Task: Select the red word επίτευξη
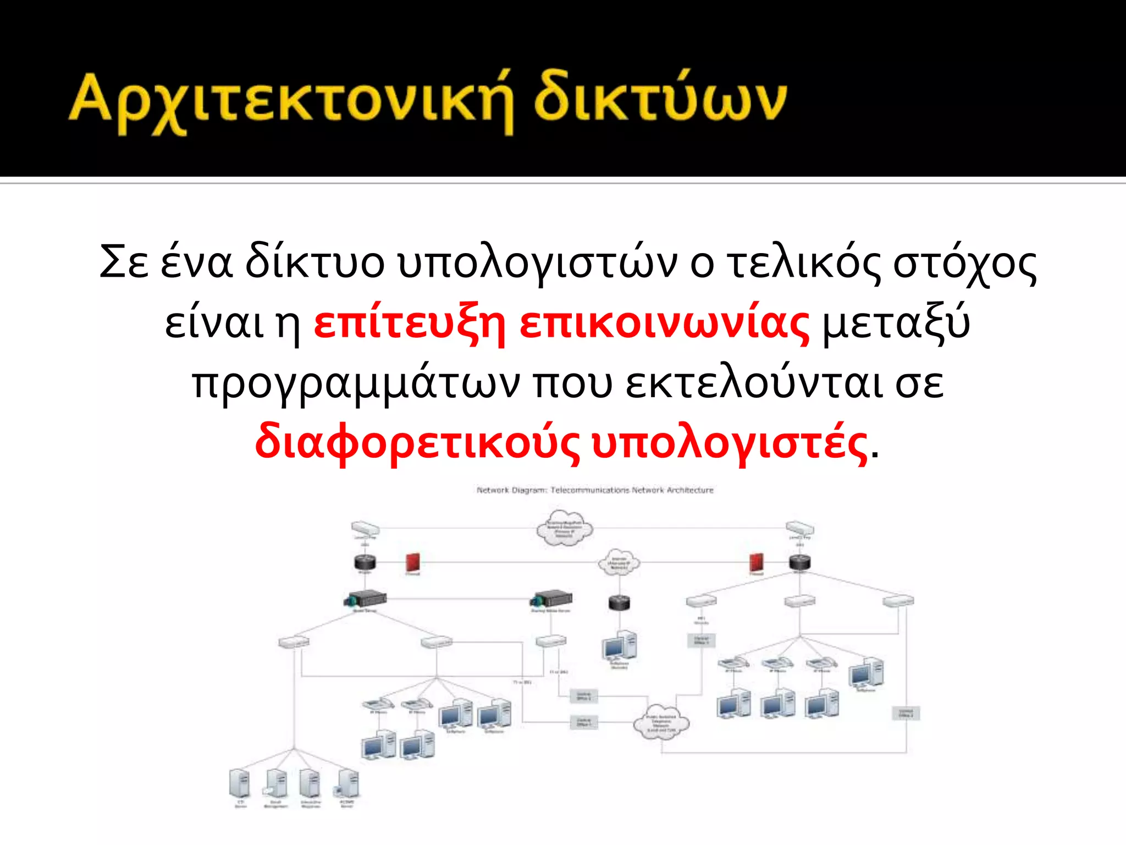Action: (x=409, y=323)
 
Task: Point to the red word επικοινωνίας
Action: (x=664, y=323)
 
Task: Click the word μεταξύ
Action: (x=896, y=323)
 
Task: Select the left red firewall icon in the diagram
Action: (x=412, y=562)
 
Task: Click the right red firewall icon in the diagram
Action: (x=757, y=562)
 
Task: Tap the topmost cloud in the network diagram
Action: (x=564, y=527)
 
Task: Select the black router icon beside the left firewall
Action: (x=365, y=562)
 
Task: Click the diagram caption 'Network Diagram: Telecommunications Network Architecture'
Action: (x=595, y=490)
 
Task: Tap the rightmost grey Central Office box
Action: (x=905, y=714)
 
